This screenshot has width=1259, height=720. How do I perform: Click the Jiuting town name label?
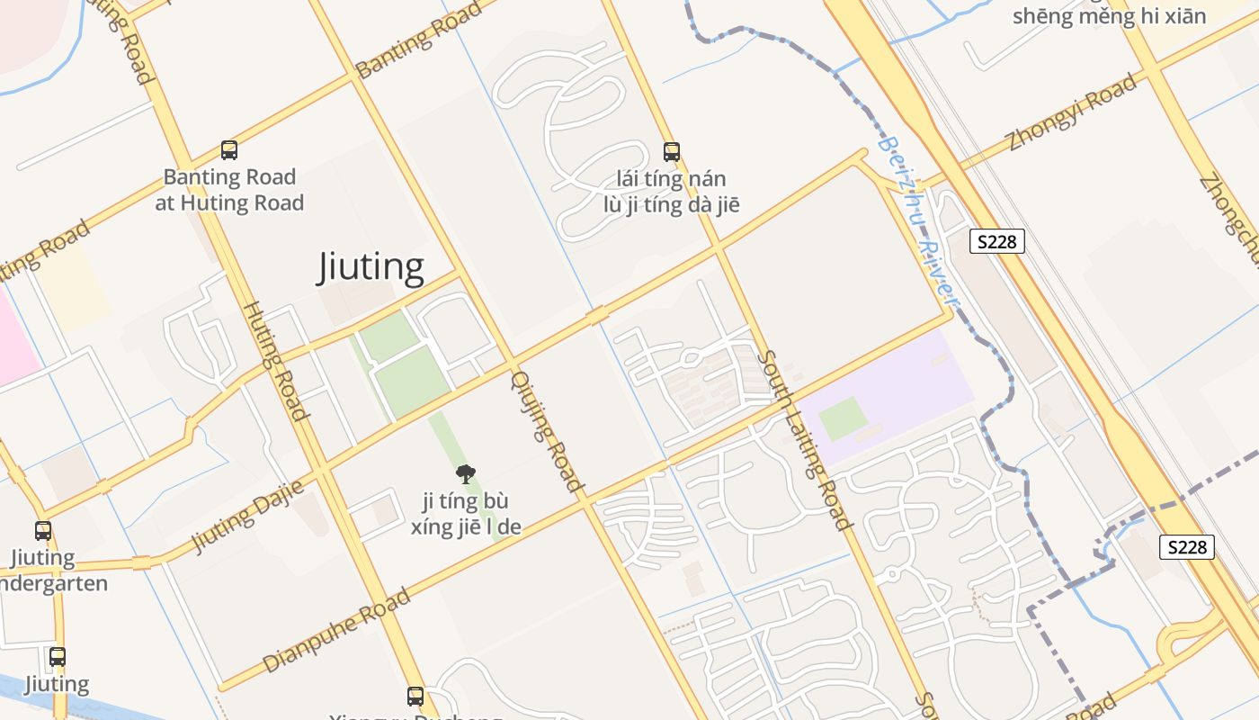click(371, 267)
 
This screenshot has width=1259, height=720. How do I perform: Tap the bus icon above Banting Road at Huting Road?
click(229, 150)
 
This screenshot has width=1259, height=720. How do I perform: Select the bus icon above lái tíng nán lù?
click(672, 151)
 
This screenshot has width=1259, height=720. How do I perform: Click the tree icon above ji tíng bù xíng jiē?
click(466, 473)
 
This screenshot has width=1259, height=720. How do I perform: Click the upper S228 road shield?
click(997, 241)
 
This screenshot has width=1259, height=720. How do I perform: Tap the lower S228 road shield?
click(1186, 546)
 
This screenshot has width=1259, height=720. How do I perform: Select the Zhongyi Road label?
click(1072, 112)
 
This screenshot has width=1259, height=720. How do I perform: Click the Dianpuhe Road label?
click(337, 631)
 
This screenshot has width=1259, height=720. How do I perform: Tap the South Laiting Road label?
click(803, 439)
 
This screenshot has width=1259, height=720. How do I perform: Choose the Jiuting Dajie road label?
click(247, 516)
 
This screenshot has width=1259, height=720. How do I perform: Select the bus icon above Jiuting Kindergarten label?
click(43, 531)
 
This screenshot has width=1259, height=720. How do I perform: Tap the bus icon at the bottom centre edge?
click(415, 696)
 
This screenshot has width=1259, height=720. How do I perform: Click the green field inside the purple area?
click(844, 418)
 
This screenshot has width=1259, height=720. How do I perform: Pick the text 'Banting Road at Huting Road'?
click(229, 190)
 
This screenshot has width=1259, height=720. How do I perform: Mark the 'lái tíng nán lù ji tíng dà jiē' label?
click(672, 192)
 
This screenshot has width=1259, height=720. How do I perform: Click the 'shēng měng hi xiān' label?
click(1109, 15)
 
